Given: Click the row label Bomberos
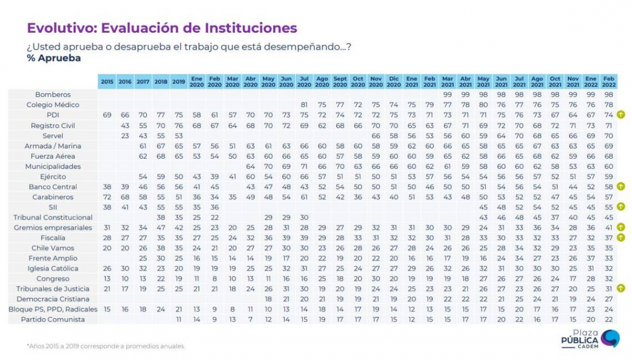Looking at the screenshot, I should [x=53, y=94].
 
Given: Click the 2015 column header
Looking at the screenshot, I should [x=107, y=82].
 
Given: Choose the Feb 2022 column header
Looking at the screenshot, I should [x=608, y=82].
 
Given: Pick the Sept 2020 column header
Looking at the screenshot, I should [x=339, y=82].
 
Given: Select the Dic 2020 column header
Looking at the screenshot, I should [x=393, y=82].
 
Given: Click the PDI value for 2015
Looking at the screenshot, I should [x=107, y=115].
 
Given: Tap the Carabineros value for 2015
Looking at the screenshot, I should [x=107, y=197].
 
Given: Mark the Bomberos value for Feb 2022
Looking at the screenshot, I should [x=608, y=94].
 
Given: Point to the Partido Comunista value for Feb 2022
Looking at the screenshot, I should [x=608, y=320].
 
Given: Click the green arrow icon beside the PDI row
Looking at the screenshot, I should [x=621, y=115].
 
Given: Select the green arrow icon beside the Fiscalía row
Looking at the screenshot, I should [x=621, y=238].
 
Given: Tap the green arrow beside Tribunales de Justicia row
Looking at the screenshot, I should [x=621, y=289].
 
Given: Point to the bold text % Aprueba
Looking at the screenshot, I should [x=54, y=59].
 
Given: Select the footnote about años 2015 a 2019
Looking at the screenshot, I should [x=106, y=346].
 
